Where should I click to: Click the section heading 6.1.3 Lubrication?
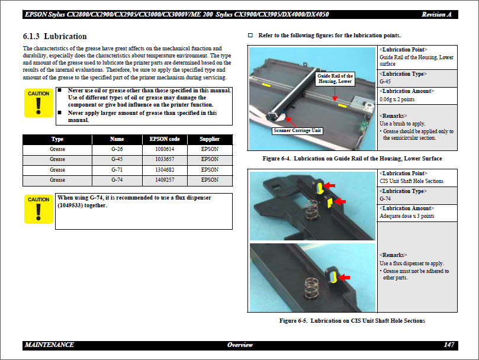(54, 37)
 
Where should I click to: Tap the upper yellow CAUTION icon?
(38, 103)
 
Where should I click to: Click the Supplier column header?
(210, 139)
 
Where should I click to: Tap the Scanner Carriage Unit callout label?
(297, 130)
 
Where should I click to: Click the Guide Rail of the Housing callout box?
(335, 79)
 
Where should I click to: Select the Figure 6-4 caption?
(352, 159)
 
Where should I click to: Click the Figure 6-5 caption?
(352, 321)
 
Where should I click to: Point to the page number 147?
(449, 345)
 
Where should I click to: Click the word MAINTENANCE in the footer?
(50, 345)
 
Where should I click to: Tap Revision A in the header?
(437, 14)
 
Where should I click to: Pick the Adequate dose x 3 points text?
(407, 216)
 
